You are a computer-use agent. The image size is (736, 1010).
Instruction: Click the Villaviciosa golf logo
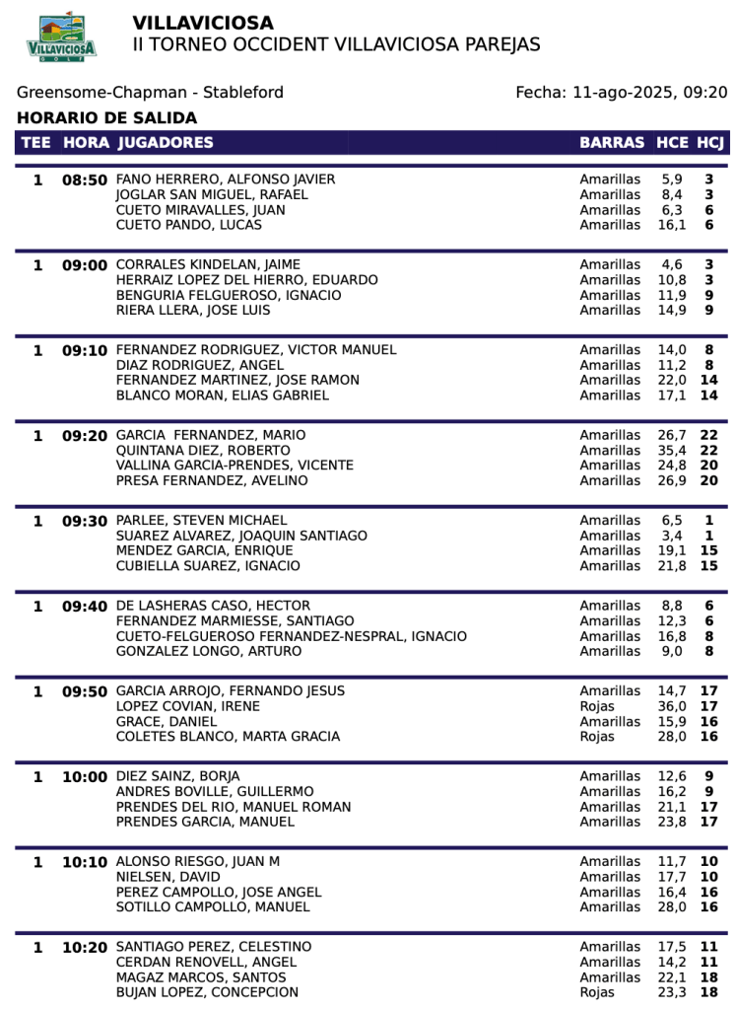click(61, 37)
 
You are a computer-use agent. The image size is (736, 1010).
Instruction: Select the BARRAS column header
click(612, 143)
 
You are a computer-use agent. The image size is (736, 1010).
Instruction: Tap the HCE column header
click(672, 143)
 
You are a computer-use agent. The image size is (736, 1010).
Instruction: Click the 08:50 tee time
click(85, 180)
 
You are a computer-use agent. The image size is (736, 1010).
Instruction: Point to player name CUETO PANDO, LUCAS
click(189, 225)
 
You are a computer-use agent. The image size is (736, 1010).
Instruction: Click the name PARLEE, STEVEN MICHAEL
click(202, 520)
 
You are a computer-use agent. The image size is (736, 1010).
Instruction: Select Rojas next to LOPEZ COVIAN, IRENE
click(597, 706)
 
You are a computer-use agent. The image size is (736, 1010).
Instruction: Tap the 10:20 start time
click(85, 948)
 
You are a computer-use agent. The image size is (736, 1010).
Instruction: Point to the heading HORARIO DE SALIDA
click(106, 118)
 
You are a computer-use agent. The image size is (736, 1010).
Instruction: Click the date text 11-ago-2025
click(622, 93)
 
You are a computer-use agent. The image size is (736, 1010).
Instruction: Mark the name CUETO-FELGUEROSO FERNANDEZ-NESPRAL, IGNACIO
click(292, 636)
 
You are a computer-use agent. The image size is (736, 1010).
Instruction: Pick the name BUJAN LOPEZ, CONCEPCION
click(207, 992)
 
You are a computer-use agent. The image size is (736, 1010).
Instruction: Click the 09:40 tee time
click(85, 607)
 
